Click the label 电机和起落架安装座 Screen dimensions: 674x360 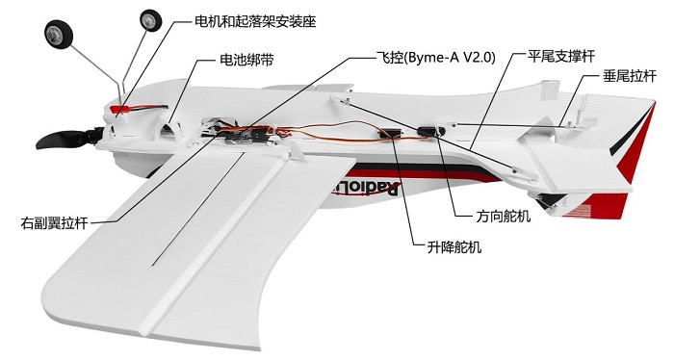255,21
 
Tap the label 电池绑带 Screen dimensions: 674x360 246,60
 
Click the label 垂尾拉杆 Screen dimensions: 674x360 630,76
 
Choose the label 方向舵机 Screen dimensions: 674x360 504,216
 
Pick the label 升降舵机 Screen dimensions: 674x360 454,247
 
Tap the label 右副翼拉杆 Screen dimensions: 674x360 54,223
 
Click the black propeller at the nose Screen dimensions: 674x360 68,139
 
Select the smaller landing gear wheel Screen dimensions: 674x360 151,20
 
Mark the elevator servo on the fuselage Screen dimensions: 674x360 392,134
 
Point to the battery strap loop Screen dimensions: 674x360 168,124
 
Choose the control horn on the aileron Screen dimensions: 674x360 296,152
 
